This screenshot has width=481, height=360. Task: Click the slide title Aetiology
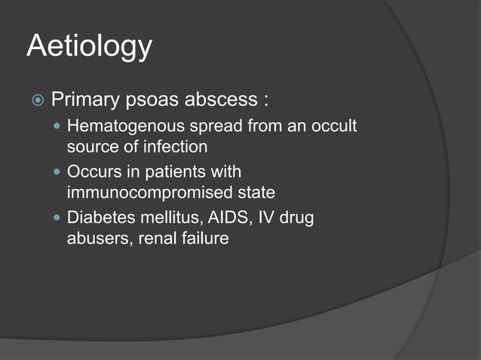coord(89,47)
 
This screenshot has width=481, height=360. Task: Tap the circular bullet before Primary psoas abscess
coord(35,100)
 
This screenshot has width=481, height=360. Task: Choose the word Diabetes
coord(97,218)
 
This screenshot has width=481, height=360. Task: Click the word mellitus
coord(161,218)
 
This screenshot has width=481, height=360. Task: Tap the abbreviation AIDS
coord(221,218)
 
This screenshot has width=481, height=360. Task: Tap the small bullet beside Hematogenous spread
coord(58,127)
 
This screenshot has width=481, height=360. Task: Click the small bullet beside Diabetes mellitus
coord(58,218)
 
